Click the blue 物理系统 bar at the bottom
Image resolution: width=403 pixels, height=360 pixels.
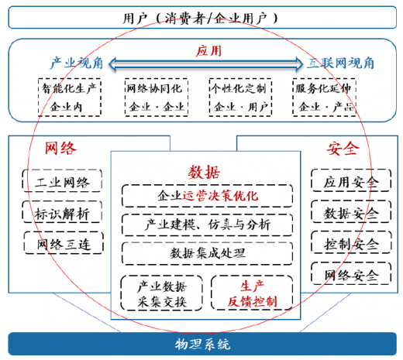[x=202, y=344]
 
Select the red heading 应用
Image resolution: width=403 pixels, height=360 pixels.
[x=208, y=50]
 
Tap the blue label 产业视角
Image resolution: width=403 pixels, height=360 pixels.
[x=77, y=63]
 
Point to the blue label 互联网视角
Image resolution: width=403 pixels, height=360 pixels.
[x=340, y=63]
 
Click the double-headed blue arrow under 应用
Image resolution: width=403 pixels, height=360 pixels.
[x=205, y=63]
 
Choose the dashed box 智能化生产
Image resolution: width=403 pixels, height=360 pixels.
[x=70, y=98]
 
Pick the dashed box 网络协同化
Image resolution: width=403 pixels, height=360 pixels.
[x=157, y=98]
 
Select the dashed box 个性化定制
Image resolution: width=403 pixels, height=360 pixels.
[x=240, y=98]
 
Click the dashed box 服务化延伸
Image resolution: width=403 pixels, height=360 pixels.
[x=324, y=98]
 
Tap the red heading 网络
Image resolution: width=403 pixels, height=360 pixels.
[x=61, y=148]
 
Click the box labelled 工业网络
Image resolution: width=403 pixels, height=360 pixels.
[x=62, y=180]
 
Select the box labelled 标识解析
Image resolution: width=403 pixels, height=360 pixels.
[x=62, y=212]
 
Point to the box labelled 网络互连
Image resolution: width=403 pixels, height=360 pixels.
[x=64, y=242]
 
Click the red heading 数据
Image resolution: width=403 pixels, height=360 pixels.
[x=204, y=172]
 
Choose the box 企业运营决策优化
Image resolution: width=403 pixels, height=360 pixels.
[x=207, y=196]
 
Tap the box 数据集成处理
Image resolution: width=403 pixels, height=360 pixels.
[x=207, y=253]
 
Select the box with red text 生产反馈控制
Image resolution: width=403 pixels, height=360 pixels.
[x=252, y=293]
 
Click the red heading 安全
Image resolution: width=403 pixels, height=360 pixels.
[x=343, y=148]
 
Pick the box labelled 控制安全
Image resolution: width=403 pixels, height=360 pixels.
[x=351, y=242]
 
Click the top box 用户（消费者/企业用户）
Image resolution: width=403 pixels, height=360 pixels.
[x=202, y=17]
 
